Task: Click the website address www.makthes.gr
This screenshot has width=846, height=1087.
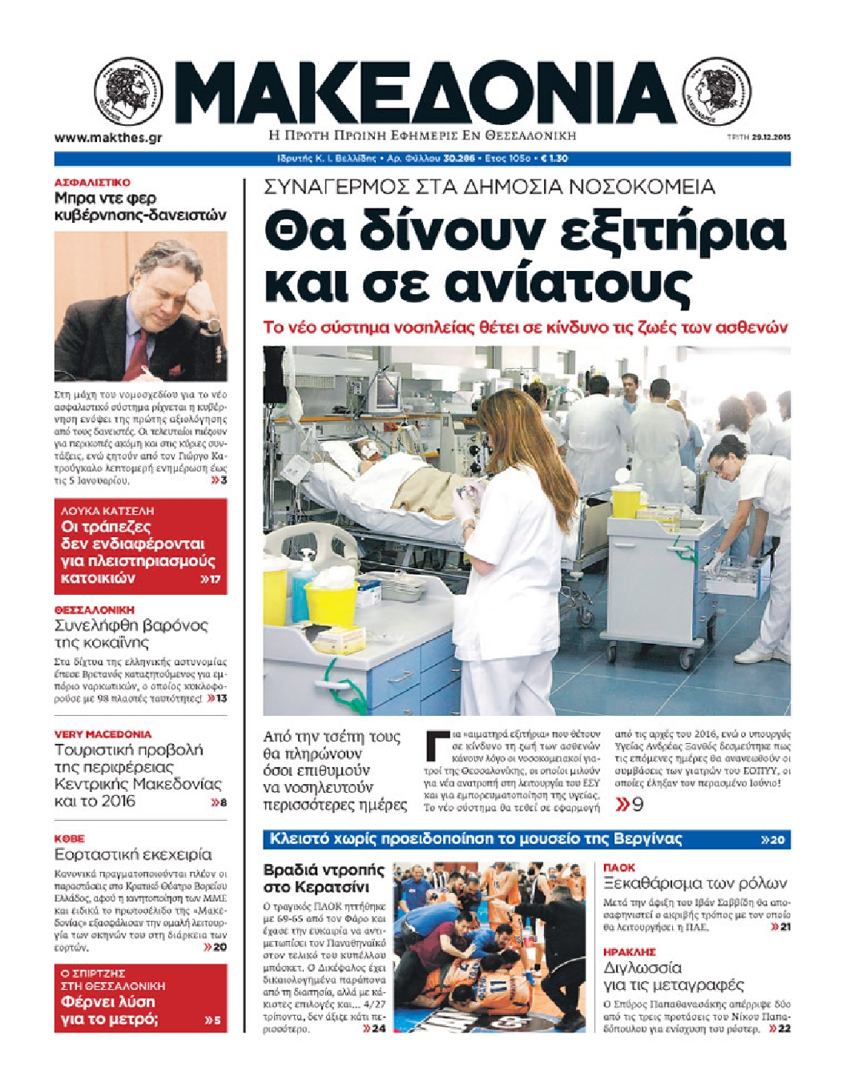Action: [x=108, y=137]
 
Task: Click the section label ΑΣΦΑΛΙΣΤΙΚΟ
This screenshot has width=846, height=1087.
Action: [x=92, y=183]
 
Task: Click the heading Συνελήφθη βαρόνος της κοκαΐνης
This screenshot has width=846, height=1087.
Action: [x=131, y=633]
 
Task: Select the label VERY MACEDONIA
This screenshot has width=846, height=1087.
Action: [x=103, y=733]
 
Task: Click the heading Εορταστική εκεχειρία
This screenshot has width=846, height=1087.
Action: [x=133, y=854]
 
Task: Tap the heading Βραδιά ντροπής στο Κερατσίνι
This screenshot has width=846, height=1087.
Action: [x=324, y=878]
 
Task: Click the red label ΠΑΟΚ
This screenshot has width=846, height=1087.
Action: [x=618, y=867]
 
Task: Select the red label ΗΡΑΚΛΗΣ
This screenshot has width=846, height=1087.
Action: [x=629, y=952]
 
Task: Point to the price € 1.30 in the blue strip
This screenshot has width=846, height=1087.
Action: [x=554, y=159]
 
